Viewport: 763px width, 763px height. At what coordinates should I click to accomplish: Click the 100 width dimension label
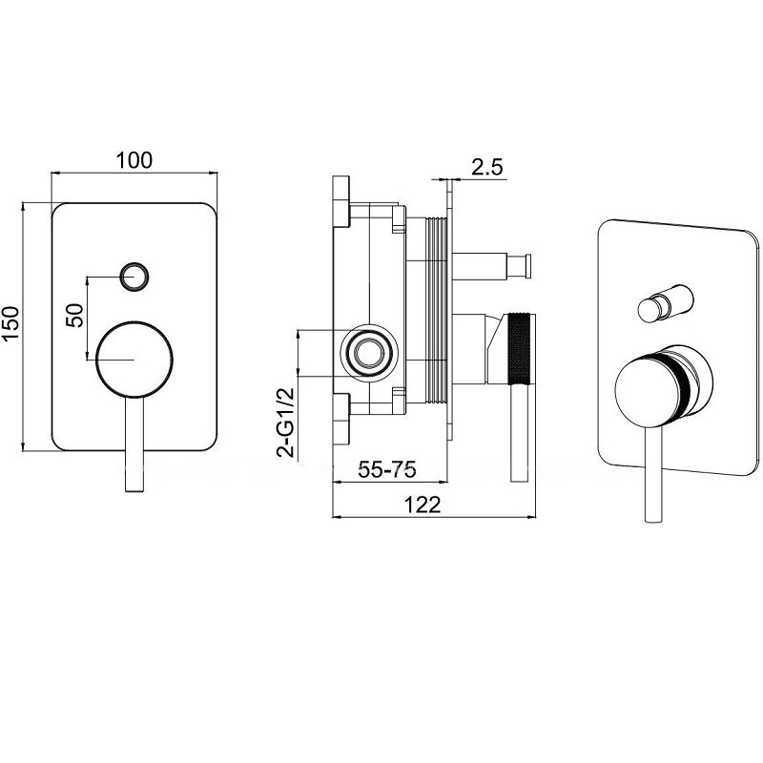134,160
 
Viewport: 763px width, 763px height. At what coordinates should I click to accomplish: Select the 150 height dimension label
10,323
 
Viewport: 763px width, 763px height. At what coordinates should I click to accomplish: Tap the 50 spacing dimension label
75,316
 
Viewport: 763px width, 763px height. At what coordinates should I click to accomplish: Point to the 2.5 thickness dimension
486,167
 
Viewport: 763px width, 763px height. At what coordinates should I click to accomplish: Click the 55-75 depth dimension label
387,469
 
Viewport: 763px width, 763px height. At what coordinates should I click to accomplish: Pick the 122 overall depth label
423,505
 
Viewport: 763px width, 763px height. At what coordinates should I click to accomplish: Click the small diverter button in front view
134,277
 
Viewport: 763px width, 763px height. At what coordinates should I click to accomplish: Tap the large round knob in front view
134,360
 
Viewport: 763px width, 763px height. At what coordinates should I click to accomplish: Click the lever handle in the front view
134,443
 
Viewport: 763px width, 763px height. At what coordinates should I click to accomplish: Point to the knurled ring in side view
518,347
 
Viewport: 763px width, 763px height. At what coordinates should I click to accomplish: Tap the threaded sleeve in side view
436,310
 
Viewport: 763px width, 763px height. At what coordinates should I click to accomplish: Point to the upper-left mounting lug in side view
341,201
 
